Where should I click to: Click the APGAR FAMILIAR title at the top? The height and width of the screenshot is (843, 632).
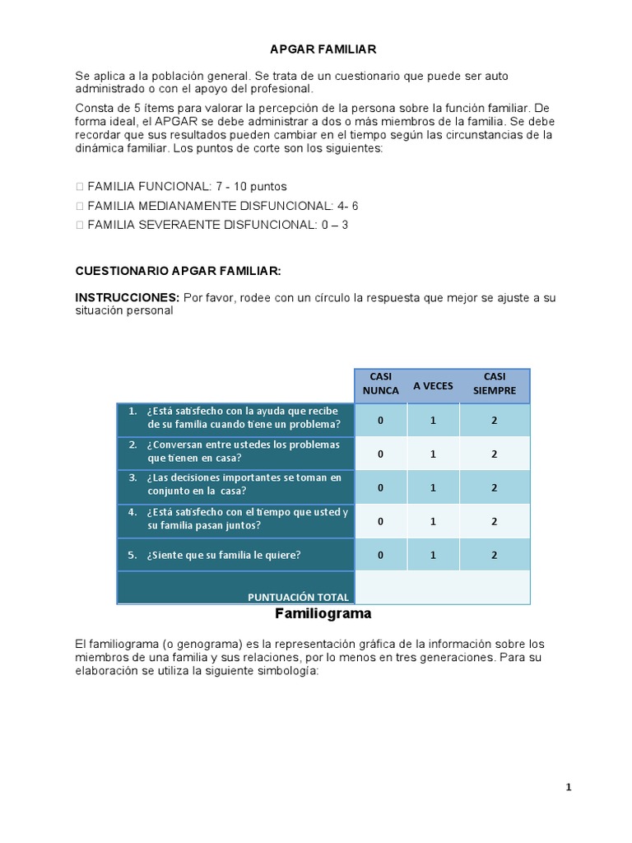[x=323, y=49]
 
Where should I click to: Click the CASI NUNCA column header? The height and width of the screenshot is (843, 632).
[x=380, y=384]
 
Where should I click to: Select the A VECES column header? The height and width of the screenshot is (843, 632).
[x=433, y=385]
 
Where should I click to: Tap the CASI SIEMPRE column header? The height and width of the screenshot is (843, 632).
[x=495, y=384]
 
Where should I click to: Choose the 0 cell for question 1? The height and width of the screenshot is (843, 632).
[x=380, y=420]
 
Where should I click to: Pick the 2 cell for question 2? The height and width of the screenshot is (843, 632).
[x=495, y=454]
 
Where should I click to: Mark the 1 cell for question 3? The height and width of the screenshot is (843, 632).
[x=433, y=487]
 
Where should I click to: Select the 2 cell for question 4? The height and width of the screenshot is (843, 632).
[x=495, y=521]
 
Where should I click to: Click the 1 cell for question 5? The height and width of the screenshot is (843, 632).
[x=433, y=555]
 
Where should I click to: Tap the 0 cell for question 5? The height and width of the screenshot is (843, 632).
[x=380, y=555]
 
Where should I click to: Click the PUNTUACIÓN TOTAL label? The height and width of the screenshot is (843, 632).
[x=298, y=597]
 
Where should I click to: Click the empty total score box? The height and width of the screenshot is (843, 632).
[x=443, y=588]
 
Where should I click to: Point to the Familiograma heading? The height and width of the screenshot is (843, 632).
[x=323, y=614]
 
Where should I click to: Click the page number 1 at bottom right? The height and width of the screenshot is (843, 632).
[x=568, y=788]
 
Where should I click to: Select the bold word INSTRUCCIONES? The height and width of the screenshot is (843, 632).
[x=127, y=297]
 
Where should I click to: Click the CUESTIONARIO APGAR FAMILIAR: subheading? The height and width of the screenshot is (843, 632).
[x=179, y=270]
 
